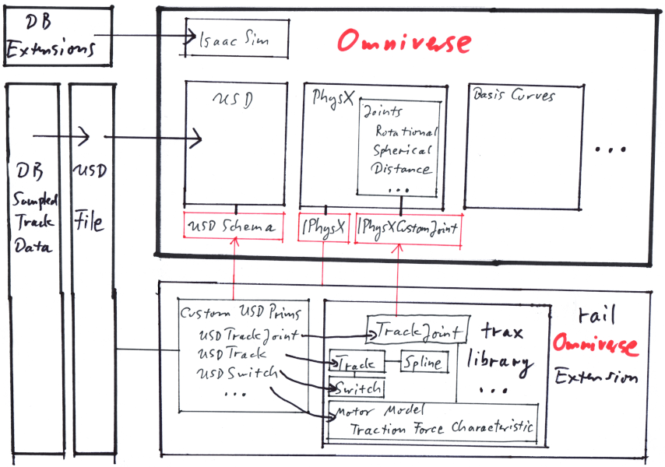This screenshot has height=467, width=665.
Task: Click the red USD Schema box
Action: (230, 226)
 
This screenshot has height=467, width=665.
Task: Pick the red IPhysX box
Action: (323, 227)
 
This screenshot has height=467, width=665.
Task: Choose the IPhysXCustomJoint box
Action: (407, 227)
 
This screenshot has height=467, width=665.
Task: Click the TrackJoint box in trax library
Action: (417, 330)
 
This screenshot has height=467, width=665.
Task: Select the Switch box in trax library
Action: (356, 387)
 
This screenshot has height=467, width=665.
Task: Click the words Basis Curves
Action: (514, 96)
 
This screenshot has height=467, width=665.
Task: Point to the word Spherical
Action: (402, 150)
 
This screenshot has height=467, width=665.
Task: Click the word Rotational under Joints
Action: (406, 132)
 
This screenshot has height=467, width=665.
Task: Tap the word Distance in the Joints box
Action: (402, 169)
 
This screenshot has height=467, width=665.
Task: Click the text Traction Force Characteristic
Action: (442, 427)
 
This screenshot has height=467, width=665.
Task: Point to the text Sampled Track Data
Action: (33, 223)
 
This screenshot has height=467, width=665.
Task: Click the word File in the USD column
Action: (90, 222)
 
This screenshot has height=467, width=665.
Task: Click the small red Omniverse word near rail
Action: (595, 345)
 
